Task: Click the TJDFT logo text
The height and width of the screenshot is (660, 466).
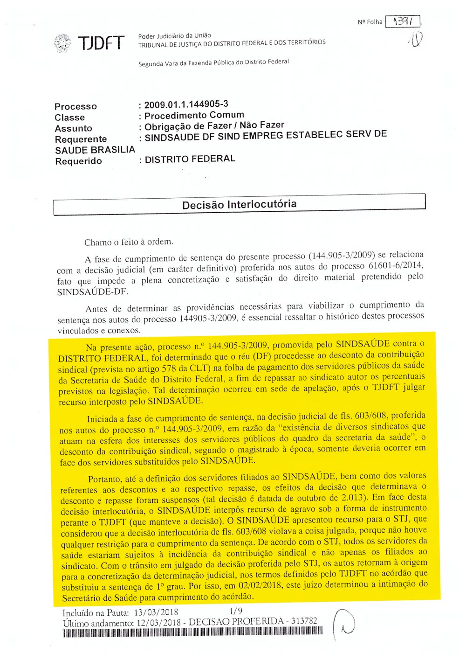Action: (101, 43)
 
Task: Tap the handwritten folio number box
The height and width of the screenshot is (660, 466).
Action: (403, 21)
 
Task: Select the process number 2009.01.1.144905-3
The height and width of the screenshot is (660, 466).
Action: (186, 104)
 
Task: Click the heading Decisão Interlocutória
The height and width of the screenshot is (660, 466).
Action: (239, 204)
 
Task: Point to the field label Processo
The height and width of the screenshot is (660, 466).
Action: (75, 106)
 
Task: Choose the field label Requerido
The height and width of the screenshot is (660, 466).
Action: (78, 161)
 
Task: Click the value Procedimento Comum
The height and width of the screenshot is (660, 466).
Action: (194, 115)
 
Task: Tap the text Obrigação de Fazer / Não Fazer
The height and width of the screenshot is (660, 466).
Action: (214, 125)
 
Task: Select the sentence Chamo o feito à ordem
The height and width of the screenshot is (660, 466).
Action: (129, 242)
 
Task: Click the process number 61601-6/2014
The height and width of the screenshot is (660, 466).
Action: (396, 265)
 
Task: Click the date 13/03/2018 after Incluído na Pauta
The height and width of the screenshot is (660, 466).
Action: (156, 612)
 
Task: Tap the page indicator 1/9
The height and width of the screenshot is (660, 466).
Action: (236, 611)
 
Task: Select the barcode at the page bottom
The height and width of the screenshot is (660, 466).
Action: (192, 632)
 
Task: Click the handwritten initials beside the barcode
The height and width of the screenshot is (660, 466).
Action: (345, 625)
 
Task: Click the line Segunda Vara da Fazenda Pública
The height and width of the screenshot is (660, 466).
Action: (213, 63)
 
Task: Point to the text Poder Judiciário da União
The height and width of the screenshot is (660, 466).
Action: (174, 35)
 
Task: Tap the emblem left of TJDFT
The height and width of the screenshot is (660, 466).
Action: (62, 43)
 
